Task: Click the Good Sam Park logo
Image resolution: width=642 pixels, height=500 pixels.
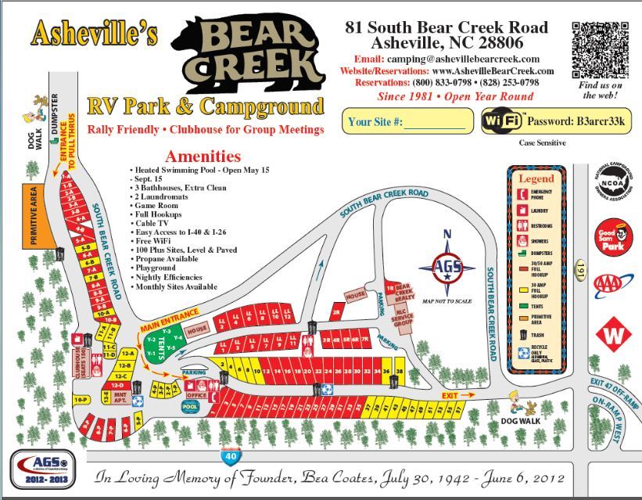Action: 614,237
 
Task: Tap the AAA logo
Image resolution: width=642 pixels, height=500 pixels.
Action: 612,285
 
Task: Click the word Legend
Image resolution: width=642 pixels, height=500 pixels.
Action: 536,178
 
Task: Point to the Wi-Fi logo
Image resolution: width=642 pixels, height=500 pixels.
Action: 502,121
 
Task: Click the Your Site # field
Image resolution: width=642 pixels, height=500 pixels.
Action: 407,121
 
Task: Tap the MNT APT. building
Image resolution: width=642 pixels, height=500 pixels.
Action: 120,396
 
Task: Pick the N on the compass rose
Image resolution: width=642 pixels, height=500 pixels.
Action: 447,234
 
